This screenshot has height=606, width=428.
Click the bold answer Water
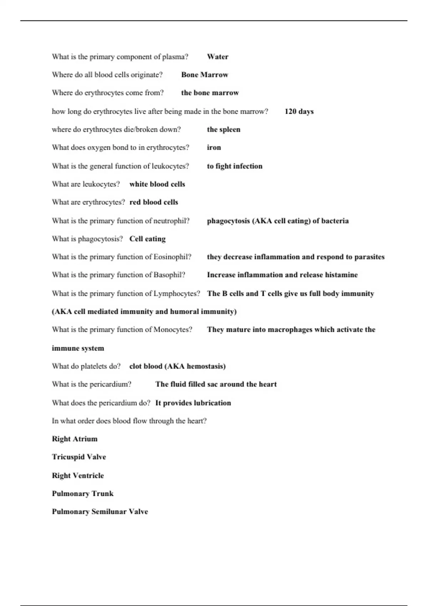pos(218,57)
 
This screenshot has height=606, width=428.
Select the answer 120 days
pos(299,111)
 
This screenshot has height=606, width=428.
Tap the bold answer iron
pos(214,148)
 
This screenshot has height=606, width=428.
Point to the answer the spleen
pos(223,129)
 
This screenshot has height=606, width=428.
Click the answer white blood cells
pos(157,184)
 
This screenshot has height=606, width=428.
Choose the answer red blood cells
pos(153,202)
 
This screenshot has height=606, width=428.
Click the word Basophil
pos(169,275)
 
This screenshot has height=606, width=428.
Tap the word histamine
pos(341,275)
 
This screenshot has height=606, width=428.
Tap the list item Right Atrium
pos(75,439)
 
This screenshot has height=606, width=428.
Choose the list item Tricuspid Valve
pos(79,457)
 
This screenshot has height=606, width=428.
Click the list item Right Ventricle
pos(78,476)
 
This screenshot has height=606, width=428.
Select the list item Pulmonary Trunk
pos(82,494)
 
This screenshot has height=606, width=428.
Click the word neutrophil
pos(170,221)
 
